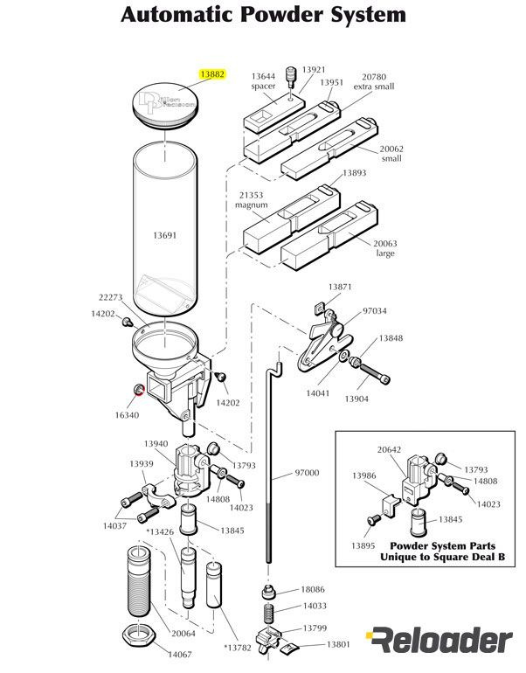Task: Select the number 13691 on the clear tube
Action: click(165, 236)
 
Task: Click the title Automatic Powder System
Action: click(263, 15)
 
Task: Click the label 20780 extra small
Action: click(374, 82)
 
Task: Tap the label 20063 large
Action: click(385, 248)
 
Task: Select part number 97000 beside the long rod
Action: click(307, 473)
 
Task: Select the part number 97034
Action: click(374, 310)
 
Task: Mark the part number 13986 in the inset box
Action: click(364, 475)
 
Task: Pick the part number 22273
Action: click(109, 298)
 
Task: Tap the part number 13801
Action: click(338, 644)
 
